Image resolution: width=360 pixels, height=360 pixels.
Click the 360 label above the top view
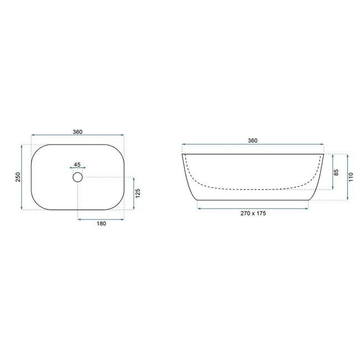click(78, 131)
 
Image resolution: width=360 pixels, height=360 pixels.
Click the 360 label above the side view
click(253, 141)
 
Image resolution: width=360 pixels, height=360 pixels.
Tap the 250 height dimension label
click(18, 177)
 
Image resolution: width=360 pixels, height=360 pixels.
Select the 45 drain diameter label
click(77, 164)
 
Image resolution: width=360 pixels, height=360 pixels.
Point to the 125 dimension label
click(138, 193)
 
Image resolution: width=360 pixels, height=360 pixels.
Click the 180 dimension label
click(101, 224)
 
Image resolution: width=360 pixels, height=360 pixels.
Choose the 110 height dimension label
click(349, 177)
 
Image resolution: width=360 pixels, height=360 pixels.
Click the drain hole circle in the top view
click(78, 177)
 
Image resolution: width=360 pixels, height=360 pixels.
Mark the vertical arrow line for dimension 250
click(22, 177)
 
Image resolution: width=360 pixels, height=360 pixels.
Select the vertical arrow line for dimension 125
click(133, 193)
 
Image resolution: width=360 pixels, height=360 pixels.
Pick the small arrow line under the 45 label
click(77, 168)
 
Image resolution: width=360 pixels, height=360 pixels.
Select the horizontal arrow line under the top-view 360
click(78, 135)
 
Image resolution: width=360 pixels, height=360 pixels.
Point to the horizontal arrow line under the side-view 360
click(253, 145)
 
